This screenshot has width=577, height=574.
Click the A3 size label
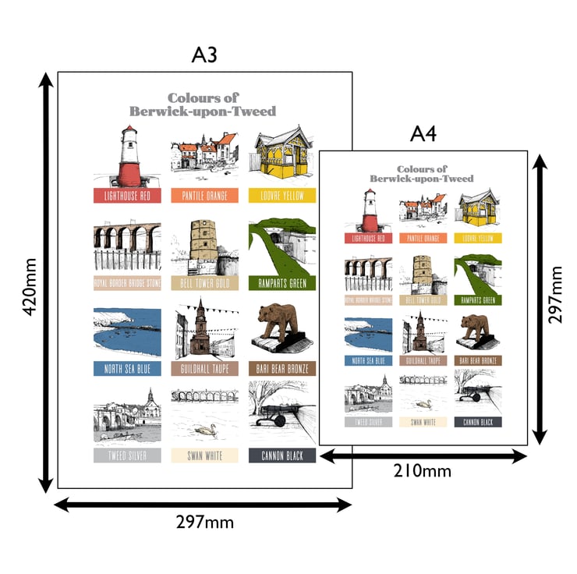(x=204, y=55)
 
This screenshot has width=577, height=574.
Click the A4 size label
(x=423, y=133)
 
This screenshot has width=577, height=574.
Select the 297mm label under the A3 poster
(x=204, y=522)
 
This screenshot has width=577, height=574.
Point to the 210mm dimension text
(x=422, y=470)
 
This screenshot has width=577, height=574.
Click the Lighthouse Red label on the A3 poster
(x=127, y=196)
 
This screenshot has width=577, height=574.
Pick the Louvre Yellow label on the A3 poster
(x=282, y=196)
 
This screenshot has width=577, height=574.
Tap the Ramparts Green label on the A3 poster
(x=282, y=282)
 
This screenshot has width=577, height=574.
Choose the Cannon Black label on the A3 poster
(x=282, y=455)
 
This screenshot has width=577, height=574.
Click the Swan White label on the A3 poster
(x=205, y=455)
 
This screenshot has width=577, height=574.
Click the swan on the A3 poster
(x=206, y=430)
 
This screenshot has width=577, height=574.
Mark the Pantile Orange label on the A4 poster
(x=423, y=238)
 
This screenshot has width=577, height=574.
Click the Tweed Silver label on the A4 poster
(x=367, y=422)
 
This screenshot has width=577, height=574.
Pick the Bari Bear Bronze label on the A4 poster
(x=478, y=361)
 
